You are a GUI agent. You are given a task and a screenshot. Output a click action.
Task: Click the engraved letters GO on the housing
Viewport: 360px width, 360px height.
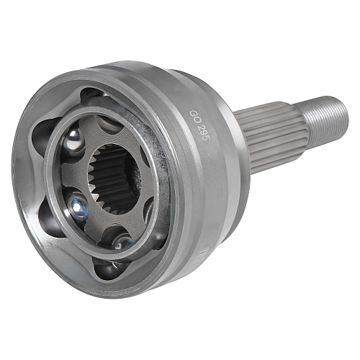[x=193, y=117]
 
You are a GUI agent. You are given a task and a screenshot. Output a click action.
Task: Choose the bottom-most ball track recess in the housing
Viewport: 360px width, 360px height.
[x=108, y=269]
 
